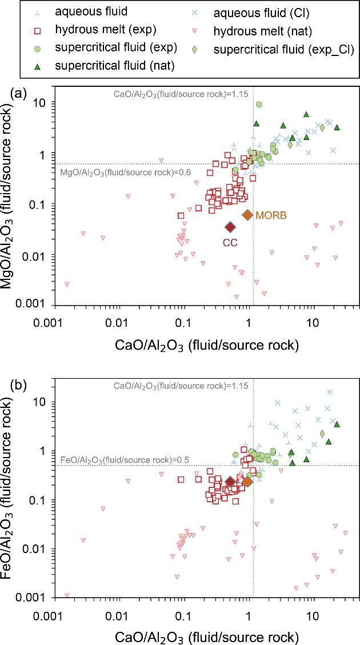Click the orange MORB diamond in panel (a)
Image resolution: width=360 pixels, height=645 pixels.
coord(247,215)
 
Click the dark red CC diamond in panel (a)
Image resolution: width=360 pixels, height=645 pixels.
coord(230,227)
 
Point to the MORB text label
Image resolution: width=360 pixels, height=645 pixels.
coord(271,215)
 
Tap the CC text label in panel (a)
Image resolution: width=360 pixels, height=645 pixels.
coord(230,242)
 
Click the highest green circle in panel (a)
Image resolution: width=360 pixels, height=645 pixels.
coord(259,105)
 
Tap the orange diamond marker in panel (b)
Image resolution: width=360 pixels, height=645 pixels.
coord(247,482)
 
